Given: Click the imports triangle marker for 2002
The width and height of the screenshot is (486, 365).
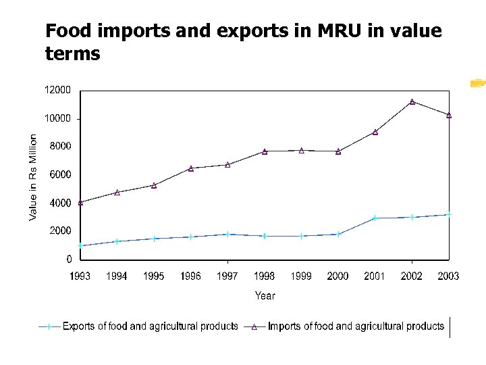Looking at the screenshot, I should [x=412, y=101].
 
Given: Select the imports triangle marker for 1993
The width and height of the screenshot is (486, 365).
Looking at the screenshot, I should [x=80, y=202].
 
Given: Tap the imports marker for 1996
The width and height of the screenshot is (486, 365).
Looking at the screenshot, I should [x=191, y=168].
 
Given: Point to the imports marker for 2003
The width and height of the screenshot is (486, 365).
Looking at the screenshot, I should [x=449, y=115].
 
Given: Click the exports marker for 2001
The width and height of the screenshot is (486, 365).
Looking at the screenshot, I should [x=375, y=218].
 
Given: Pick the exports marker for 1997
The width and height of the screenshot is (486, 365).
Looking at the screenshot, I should [x=227, y=234].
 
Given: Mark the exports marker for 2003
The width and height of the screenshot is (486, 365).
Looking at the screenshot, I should [x=449, y=214].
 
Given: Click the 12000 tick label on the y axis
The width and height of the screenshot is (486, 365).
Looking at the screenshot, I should [x=58, y=90].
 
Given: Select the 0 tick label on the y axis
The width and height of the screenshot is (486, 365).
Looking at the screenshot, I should [x=70, y=259].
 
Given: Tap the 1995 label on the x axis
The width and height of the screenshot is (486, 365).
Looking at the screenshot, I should [x=154, y=276].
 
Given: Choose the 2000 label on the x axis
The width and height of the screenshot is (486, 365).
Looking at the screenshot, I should [x=338, y=276].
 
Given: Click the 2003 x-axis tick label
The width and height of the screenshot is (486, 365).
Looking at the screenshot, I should [x=448, y=276].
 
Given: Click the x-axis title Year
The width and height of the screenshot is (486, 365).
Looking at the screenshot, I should [x=265, y=295].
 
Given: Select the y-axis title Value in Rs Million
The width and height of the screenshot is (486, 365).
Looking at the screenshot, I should [x=33, y=176].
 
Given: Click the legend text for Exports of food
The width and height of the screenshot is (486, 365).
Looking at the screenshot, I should [x=150, y=326].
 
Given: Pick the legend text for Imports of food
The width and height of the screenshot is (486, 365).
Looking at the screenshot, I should [x=356, y=326].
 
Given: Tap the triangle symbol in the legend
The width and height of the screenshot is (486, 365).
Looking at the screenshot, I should [x=254, y=327].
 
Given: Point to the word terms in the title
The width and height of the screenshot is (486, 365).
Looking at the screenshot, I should [x=72, y=53].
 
